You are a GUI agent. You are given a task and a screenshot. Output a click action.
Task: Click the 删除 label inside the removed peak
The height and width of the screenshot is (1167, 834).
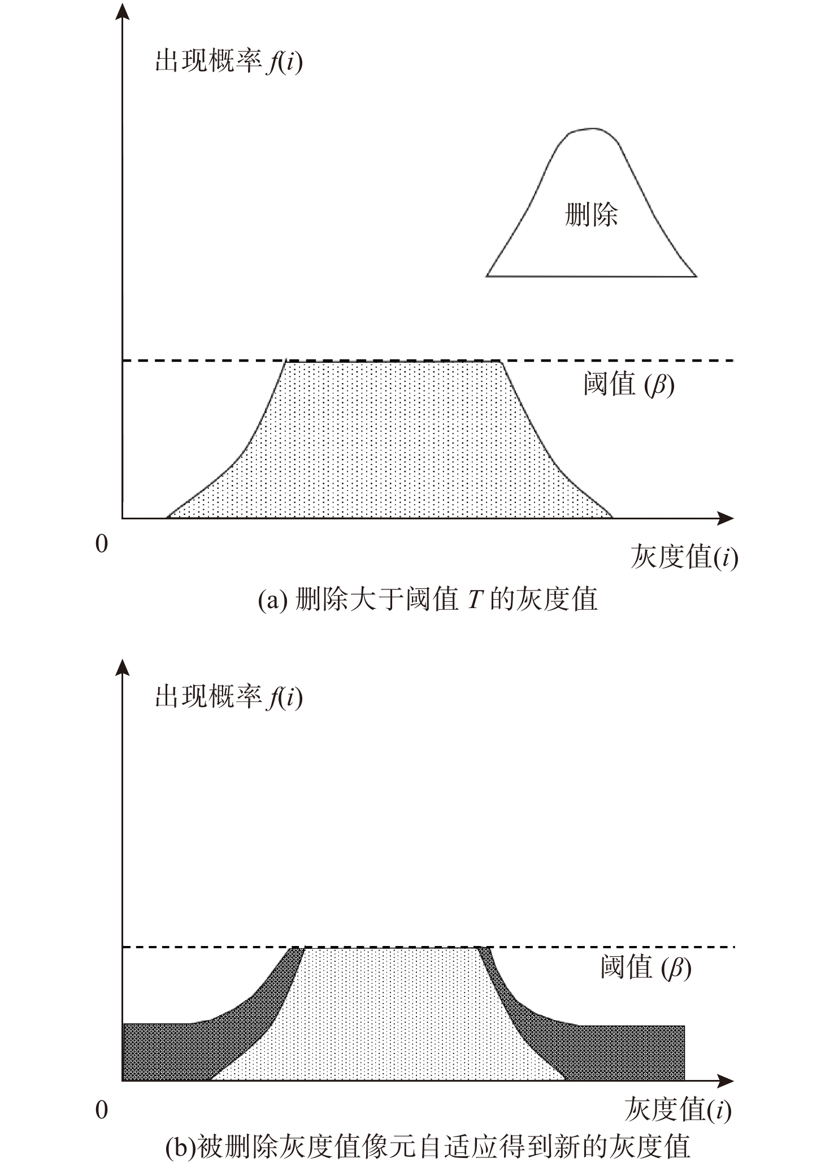[592, 215]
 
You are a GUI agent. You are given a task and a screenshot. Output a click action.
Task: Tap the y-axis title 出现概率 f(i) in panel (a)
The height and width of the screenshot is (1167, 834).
[229, 62]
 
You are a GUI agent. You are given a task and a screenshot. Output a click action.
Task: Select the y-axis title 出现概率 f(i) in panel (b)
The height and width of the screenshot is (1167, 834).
[229, 698]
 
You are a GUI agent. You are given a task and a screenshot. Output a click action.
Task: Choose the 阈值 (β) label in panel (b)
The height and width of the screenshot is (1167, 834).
[646, 968]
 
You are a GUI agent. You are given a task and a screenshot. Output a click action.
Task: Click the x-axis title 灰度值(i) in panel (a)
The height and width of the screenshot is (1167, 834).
[684, 557]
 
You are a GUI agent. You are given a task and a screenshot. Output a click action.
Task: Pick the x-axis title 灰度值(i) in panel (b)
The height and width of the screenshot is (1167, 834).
[678, 1110]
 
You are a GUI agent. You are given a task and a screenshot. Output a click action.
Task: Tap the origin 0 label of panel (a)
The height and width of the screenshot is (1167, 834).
[102, 544]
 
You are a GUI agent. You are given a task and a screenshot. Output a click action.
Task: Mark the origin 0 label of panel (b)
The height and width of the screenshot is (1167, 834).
[102, 1110]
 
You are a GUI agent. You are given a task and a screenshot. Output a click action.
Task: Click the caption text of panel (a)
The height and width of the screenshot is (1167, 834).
[428, 600]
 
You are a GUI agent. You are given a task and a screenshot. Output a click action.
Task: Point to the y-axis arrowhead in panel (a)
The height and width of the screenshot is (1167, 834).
[122, 11]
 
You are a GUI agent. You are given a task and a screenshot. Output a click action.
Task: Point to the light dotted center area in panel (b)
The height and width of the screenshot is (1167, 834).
[390, 1017]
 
